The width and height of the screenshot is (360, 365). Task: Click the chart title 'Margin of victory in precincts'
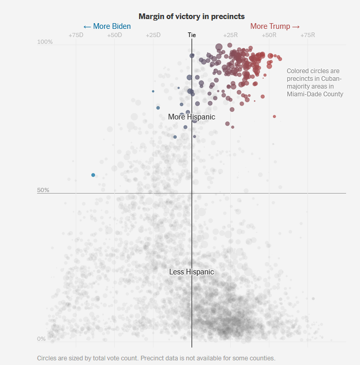pyautogui.click(x=192, y=16)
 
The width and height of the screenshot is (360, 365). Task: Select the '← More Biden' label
pyautogui.click(x=107, y=26)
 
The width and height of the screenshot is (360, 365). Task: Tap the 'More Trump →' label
pyautogui.click(x=275, y=26)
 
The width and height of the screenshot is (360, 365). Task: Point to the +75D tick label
pyautogui.click(x=76, y=35)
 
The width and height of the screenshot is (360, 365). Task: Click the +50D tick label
pyautogui.click(x=114, y=35)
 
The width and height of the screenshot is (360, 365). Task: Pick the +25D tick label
pyautogui.click(x=153, y=35)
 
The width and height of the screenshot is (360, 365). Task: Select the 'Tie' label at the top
pyautogui.click(x=192, y=35)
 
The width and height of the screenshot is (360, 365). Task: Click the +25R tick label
pyautogui.click(x=230, y=35)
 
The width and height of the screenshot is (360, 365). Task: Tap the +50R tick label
pyautogui.click(x=269, y=35)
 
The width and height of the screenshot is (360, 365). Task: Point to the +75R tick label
pyautogui.click(x=307, y=35)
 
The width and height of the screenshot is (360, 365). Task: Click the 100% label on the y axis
pyautogui.click(x=45, y=42)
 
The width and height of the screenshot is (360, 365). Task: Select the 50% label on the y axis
pyautogui.click(x=43, y=190)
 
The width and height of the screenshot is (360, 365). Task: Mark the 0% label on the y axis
pyautogui.click(x=41, y=339)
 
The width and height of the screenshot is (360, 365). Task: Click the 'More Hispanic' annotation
pyautogui.click(x=192, y=117)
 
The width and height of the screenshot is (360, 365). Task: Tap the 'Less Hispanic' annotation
pyautogui.click(x=192, y=272)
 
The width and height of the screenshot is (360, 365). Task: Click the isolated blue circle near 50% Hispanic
pyautogui.click(x=93, y=175)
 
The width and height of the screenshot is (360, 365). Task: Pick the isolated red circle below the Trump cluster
pyautogui.click(x=275, y=116)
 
